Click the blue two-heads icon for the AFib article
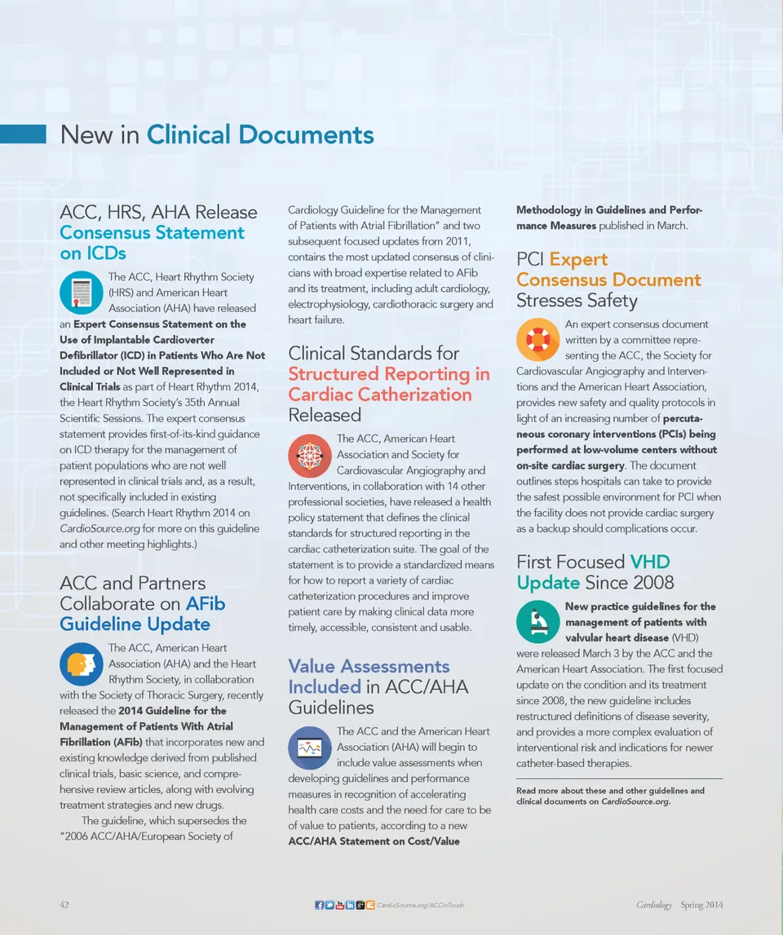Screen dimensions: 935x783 (x=81, y=663)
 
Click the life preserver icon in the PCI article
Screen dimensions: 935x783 (x=537, y=340)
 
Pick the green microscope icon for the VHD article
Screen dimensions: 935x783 (x=537, y=622)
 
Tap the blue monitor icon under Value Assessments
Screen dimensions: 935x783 (x=309, y=747)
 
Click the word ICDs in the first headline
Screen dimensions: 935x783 (x=93, y=253)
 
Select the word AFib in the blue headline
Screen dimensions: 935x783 (x=206, y=604)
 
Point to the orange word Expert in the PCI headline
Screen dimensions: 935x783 (x=578, y=259)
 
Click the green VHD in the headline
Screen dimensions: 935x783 (x=650, y=562)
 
